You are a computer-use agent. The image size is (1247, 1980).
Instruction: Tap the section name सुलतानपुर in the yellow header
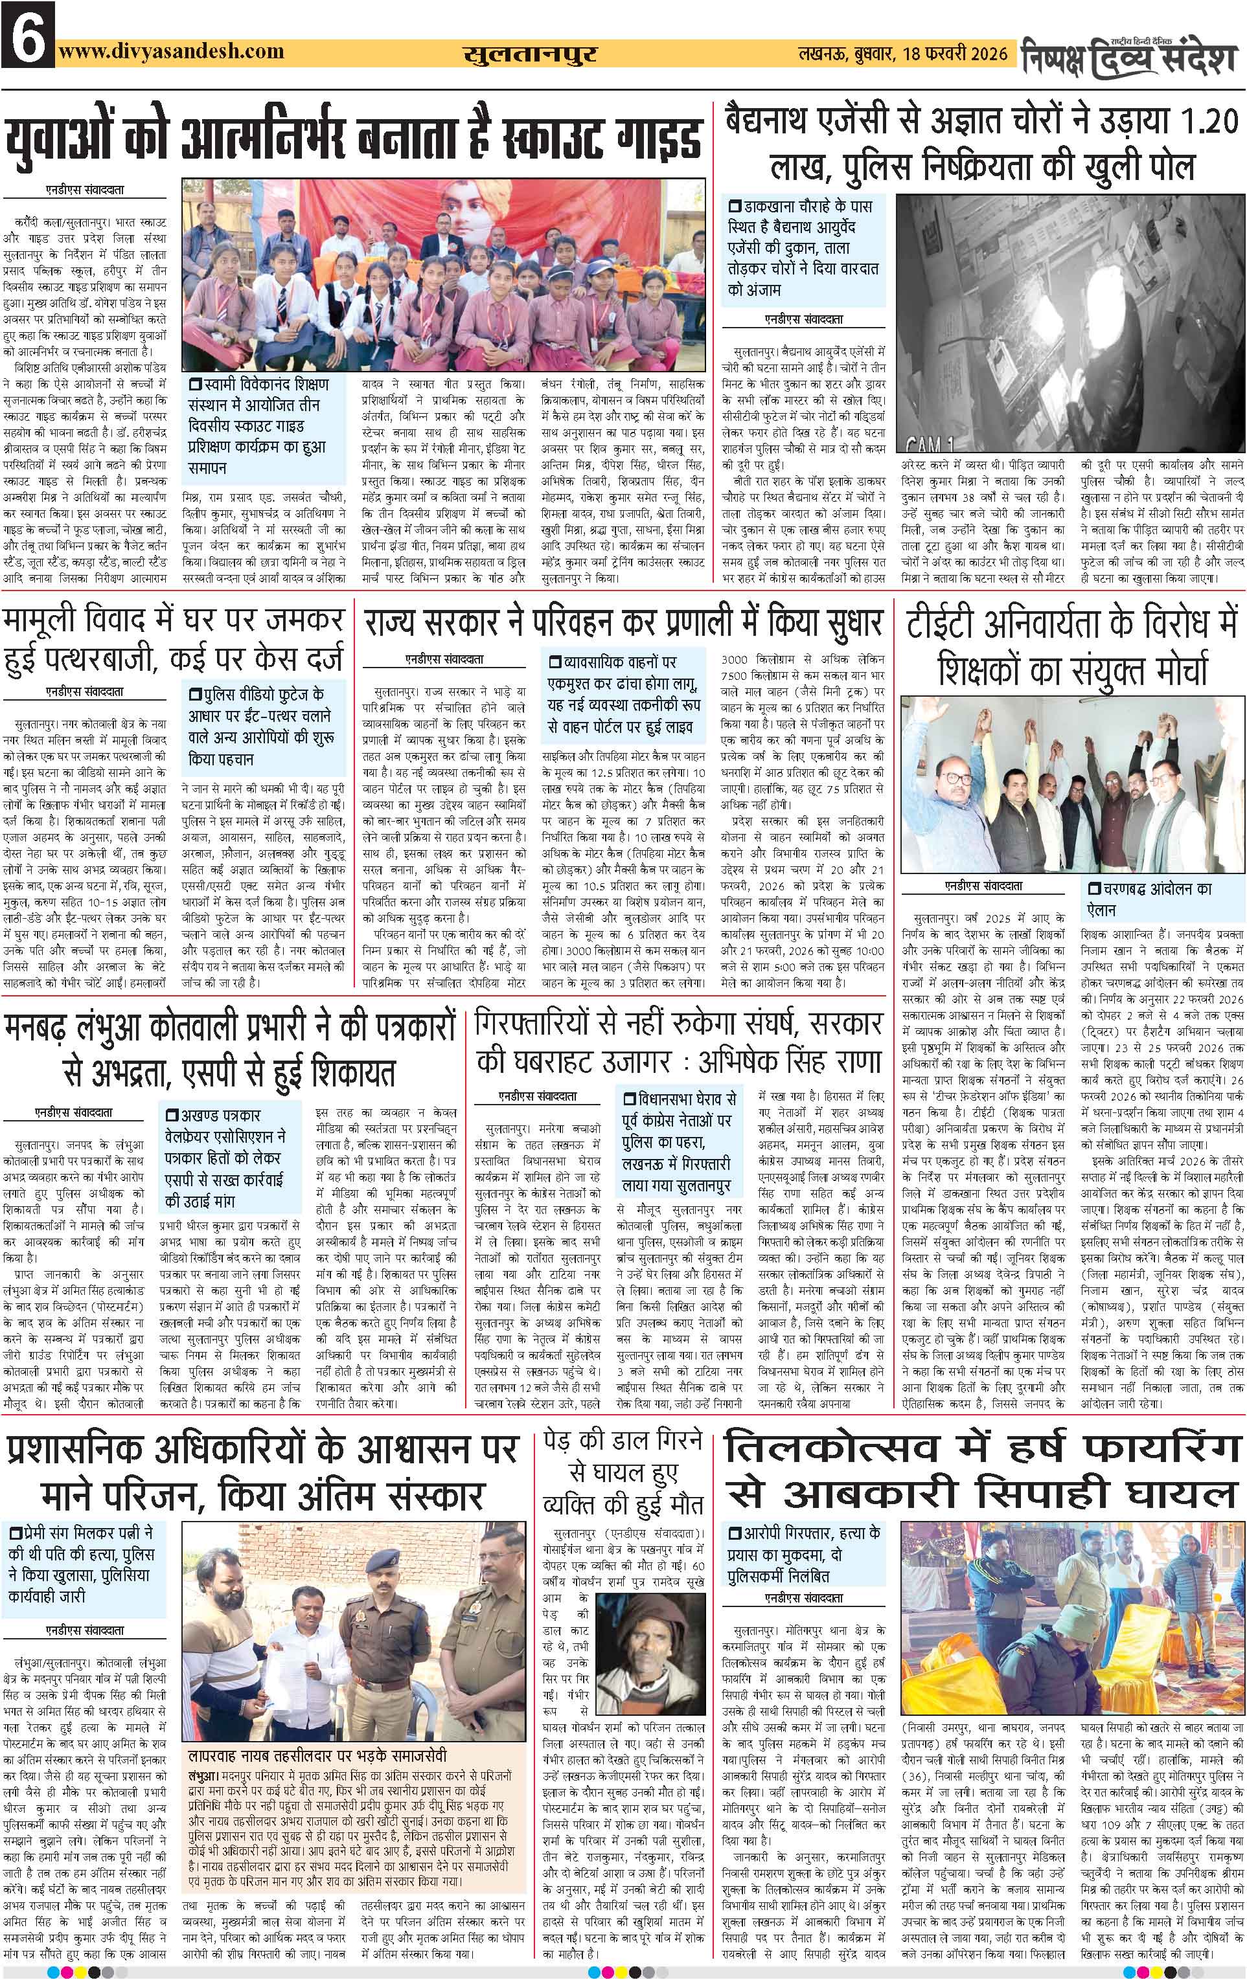[529, 55]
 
